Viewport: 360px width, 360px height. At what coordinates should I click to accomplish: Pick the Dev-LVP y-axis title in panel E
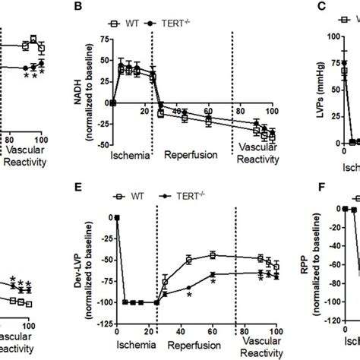pos(81,262)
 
